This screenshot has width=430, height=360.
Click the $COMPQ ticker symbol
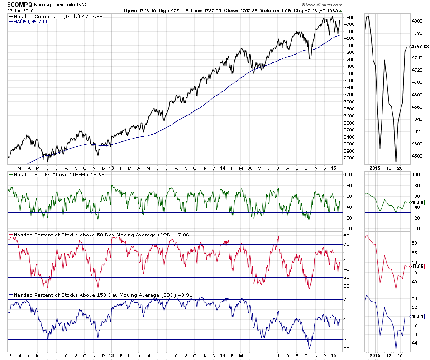click(x=19, y=4)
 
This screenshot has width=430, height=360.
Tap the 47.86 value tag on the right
click(x=416, y=266)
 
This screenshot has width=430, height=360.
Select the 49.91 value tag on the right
click(x=416, y=317)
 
